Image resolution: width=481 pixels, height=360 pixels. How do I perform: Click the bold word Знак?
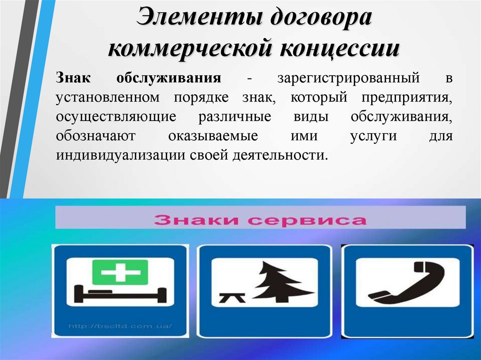(x=73, y=78)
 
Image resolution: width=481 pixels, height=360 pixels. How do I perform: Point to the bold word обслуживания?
(x=169, y=78)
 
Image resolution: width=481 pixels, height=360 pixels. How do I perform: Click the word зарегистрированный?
(x=349, y=78)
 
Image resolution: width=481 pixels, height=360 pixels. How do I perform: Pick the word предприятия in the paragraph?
(x=407, y=98)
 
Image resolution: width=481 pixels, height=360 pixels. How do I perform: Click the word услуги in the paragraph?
(x=373, y=136)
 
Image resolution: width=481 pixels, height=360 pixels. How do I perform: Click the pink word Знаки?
(x=196, y=220)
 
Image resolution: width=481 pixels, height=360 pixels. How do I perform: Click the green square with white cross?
(x=120, y=272)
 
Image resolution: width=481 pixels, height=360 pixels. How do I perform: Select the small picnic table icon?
(x=232, y=298)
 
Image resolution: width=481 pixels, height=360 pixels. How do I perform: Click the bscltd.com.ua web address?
(x=120, y=326)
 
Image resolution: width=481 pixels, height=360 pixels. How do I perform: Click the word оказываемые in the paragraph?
(x=213, y=136)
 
